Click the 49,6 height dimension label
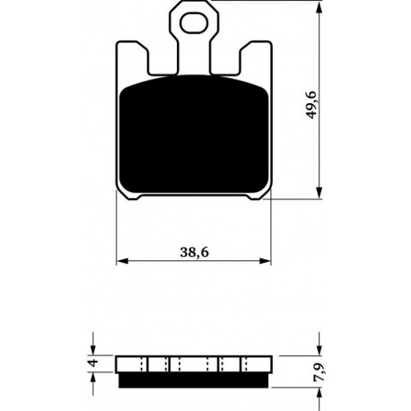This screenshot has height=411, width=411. pyautogui.click(x=311, y=105)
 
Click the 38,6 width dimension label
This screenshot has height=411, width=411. pyautogui.click(x=194, y=252)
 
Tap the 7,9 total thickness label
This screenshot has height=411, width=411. pyautogui.click(x=319, y=372)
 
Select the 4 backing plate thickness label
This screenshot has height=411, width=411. pyautogui.click(x=94, y=363)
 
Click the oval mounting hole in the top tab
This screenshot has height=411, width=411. pyautogui.click(x=194, y=22)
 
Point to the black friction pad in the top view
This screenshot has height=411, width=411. pyautogui.click(x=194, y=135)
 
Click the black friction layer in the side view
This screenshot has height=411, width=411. pyautogui.click(x=194, y=380)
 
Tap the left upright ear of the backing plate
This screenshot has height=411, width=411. pyautogui.click(x=132, y=58)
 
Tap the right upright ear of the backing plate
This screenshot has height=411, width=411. pyautogui.click(x=256, y=58)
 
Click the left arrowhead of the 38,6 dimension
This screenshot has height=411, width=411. pyautogui.click(x=122, y=261)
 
